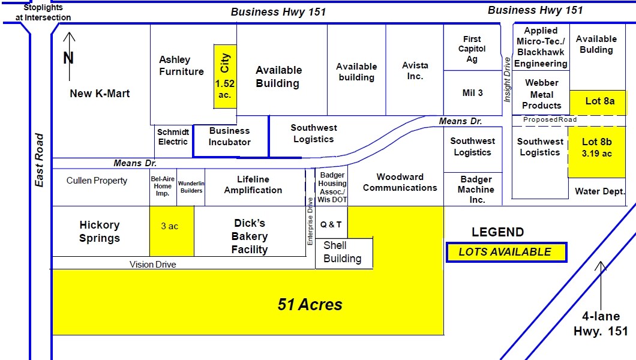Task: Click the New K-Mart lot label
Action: (x=100, y=94)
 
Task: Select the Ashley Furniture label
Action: (x=181, y=66)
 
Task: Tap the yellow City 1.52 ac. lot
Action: (x=225, y=76)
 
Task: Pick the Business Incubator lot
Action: (x=230, y=137)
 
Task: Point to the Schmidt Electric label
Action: (x=173, y=137)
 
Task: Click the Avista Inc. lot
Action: (x=415, y=71)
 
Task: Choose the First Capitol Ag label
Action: (x=472, y=49)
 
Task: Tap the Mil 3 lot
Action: (x=473, y=93)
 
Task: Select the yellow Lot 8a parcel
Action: (x=599, y=101)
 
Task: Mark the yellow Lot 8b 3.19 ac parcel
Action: (x=597, y=148)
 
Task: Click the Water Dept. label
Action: (x=600, y=191)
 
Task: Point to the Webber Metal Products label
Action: (x=542, y=94)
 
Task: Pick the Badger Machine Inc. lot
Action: (x=477, y=190)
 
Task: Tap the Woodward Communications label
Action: (x=400, y=182)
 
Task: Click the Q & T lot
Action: (x=331, y=224)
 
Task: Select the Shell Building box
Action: (x=343, y=252)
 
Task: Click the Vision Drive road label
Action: (x=153, y=264)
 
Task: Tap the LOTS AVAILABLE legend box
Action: (x=506, y=253)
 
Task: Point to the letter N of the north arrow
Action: (x=68, y=58)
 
